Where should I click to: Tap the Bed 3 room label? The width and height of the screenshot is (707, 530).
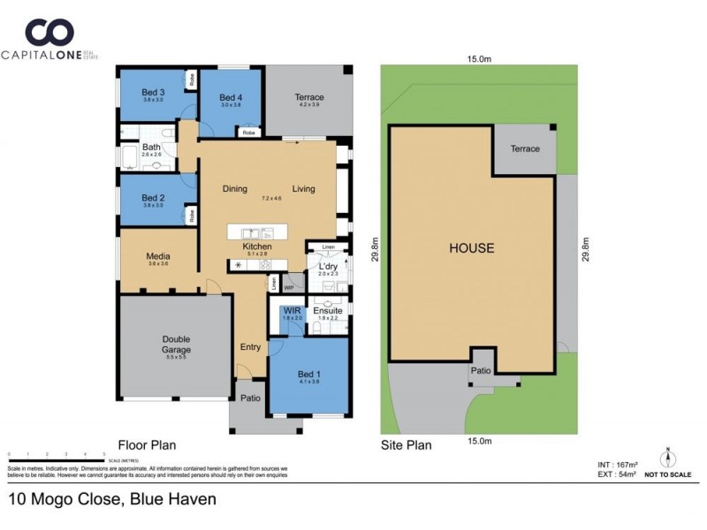coord(153,92)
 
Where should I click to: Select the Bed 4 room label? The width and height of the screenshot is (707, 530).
coord(230,97)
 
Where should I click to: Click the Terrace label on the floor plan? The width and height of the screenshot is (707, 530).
coord(308,97)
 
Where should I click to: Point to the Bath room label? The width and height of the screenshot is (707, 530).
coord(152,148)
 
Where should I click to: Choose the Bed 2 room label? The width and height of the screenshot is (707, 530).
coord(154,198)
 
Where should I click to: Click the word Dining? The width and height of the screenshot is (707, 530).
coord(235,188)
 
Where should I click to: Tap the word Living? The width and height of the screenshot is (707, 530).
coord(304,188)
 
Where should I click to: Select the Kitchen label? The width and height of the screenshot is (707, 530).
coord(256,246)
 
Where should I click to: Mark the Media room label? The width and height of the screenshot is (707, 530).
coord(158,257)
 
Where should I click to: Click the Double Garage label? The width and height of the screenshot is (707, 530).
coord(176,344)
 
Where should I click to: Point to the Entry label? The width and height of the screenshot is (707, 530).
coord(250,347)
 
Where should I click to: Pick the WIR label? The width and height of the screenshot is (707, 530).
coord(292,311)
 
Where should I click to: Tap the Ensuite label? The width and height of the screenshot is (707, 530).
coord(327,311)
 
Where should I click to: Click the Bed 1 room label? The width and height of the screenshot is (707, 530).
coord(307,373)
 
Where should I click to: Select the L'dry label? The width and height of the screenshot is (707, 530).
coord(327,266)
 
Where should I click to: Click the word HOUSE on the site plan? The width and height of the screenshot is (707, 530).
coord(470,248)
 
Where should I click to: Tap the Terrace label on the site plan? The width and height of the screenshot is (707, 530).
coord(524,148)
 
